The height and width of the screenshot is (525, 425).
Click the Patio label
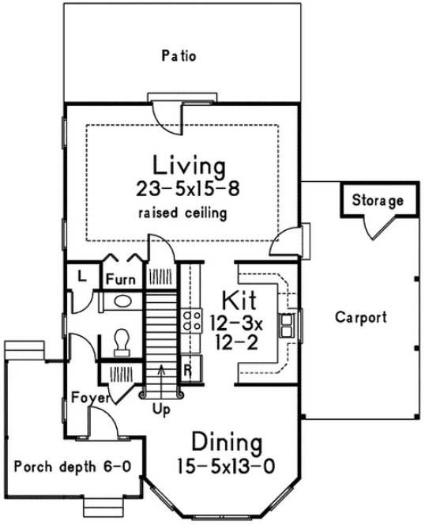pyautogui.click(x=178, y=56)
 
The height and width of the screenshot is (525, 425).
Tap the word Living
pyautogui.click(x=190, y=167)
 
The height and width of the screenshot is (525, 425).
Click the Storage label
pyautogui.click(x=378, y=201)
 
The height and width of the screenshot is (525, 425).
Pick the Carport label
pyautogui.click(x=360, y=319)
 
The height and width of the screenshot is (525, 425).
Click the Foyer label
pyautogui.click(x=88, y=397)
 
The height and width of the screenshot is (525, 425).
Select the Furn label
pyautogui.click(x=121, y=279)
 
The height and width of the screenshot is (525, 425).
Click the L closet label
pyautogui.click(x=81, y=276)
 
